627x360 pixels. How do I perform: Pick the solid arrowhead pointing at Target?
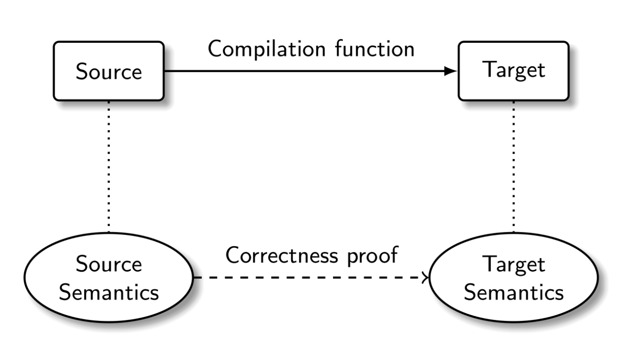tap(450, 71)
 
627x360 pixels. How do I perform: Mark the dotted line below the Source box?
tap(109, 166)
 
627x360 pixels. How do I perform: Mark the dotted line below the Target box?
tap(513, 166)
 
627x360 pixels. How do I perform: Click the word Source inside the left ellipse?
tap(109, 265)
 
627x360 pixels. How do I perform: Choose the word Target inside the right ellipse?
tap(514, 265)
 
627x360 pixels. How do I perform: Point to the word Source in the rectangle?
tap(109, 72)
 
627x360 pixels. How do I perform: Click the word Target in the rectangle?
tap(513, 71)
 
